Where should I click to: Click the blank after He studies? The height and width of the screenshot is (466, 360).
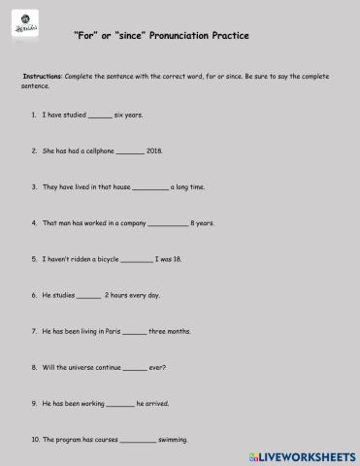pos(88,296)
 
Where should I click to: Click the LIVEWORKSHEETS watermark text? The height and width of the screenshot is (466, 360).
pos(308,454)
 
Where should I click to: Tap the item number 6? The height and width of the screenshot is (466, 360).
pos(35,295)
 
